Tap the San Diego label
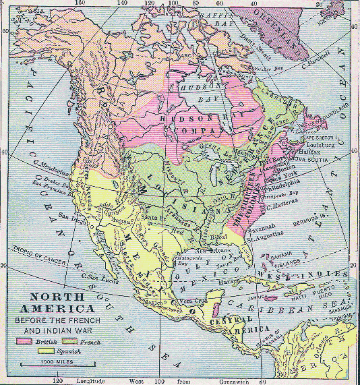(x=72, y=216)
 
